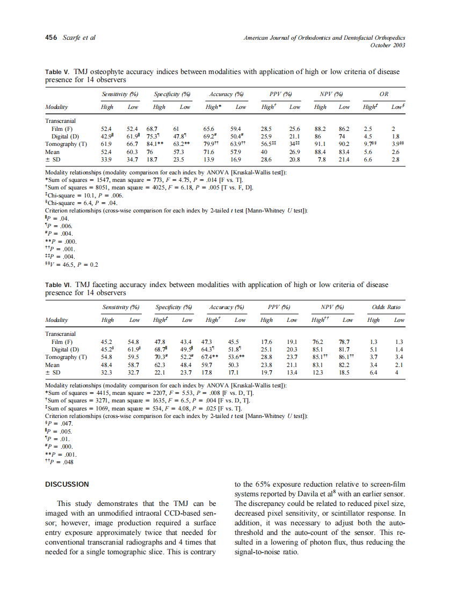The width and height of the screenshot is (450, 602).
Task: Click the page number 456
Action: coord(51,38)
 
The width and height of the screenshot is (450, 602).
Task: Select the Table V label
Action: coord(57,72)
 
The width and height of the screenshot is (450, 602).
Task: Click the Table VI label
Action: coord(57,285)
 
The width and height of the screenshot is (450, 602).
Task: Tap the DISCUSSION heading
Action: coord(67,484)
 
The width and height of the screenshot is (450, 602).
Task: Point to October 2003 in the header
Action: coord(388,45)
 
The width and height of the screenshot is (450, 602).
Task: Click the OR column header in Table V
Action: coord(383,94)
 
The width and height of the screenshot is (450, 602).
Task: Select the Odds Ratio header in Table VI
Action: coord(386,307)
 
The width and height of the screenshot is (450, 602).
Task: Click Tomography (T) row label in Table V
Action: coord(66,144)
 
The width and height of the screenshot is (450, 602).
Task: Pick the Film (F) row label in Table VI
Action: coord(62,342)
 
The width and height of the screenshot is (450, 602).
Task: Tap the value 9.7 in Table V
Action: coord(367,144)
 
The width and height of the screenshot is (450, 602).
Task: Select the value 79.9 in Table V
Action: coord(210,144)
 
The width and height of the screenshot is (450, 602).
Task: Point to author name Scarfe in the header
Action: coord(71,38)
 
